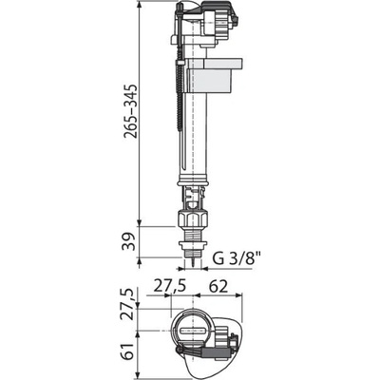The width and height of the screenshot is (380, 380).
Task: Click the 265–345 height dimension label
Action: coord(131,111)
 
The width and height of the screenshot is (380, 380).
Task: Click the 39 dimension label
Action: coord(129,241)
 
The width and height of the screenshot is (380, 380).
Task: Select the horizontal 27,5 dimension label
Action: coord(169,287)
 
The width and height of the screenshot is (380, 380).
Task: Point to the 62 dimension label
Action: coord(218,287)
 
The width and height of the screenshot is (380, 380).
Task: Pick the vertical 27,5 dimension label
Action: coord(129,304)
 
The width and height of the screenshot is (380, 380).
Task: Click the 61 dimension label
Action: coord(129,351)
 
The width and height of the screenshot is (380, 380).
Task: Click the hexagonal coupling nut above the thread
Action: coord(193,218)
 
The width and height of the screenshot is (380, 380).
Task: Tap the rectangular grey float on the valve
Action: coord(212,74)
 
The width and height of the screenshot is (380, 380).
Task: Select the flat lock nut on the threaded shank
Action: coord(193,245)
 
